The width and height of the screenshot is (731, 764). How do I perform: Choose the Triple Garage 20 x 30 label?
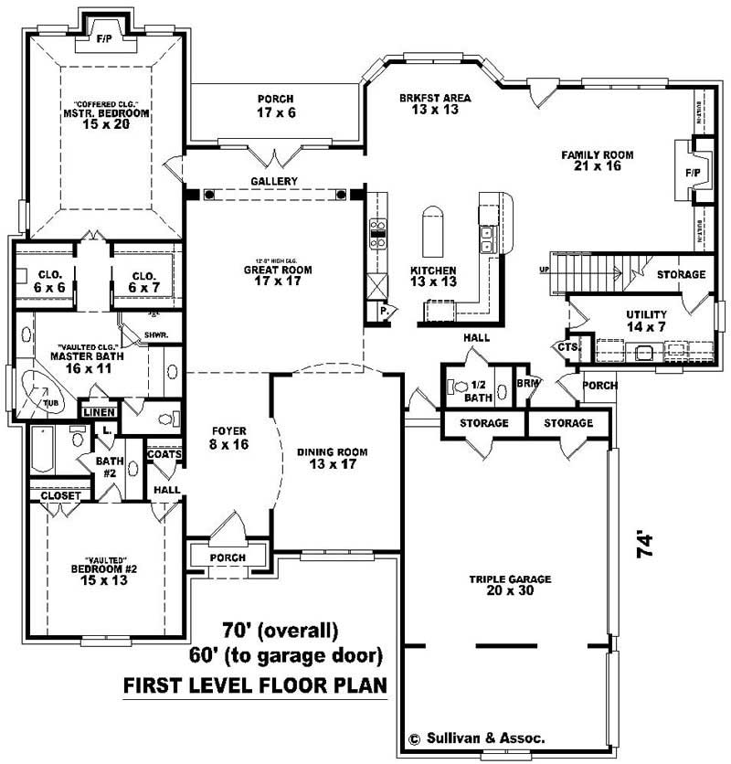[504, 585]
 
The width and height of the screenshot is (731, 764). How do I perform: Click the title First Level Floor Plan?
[254, 684]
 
